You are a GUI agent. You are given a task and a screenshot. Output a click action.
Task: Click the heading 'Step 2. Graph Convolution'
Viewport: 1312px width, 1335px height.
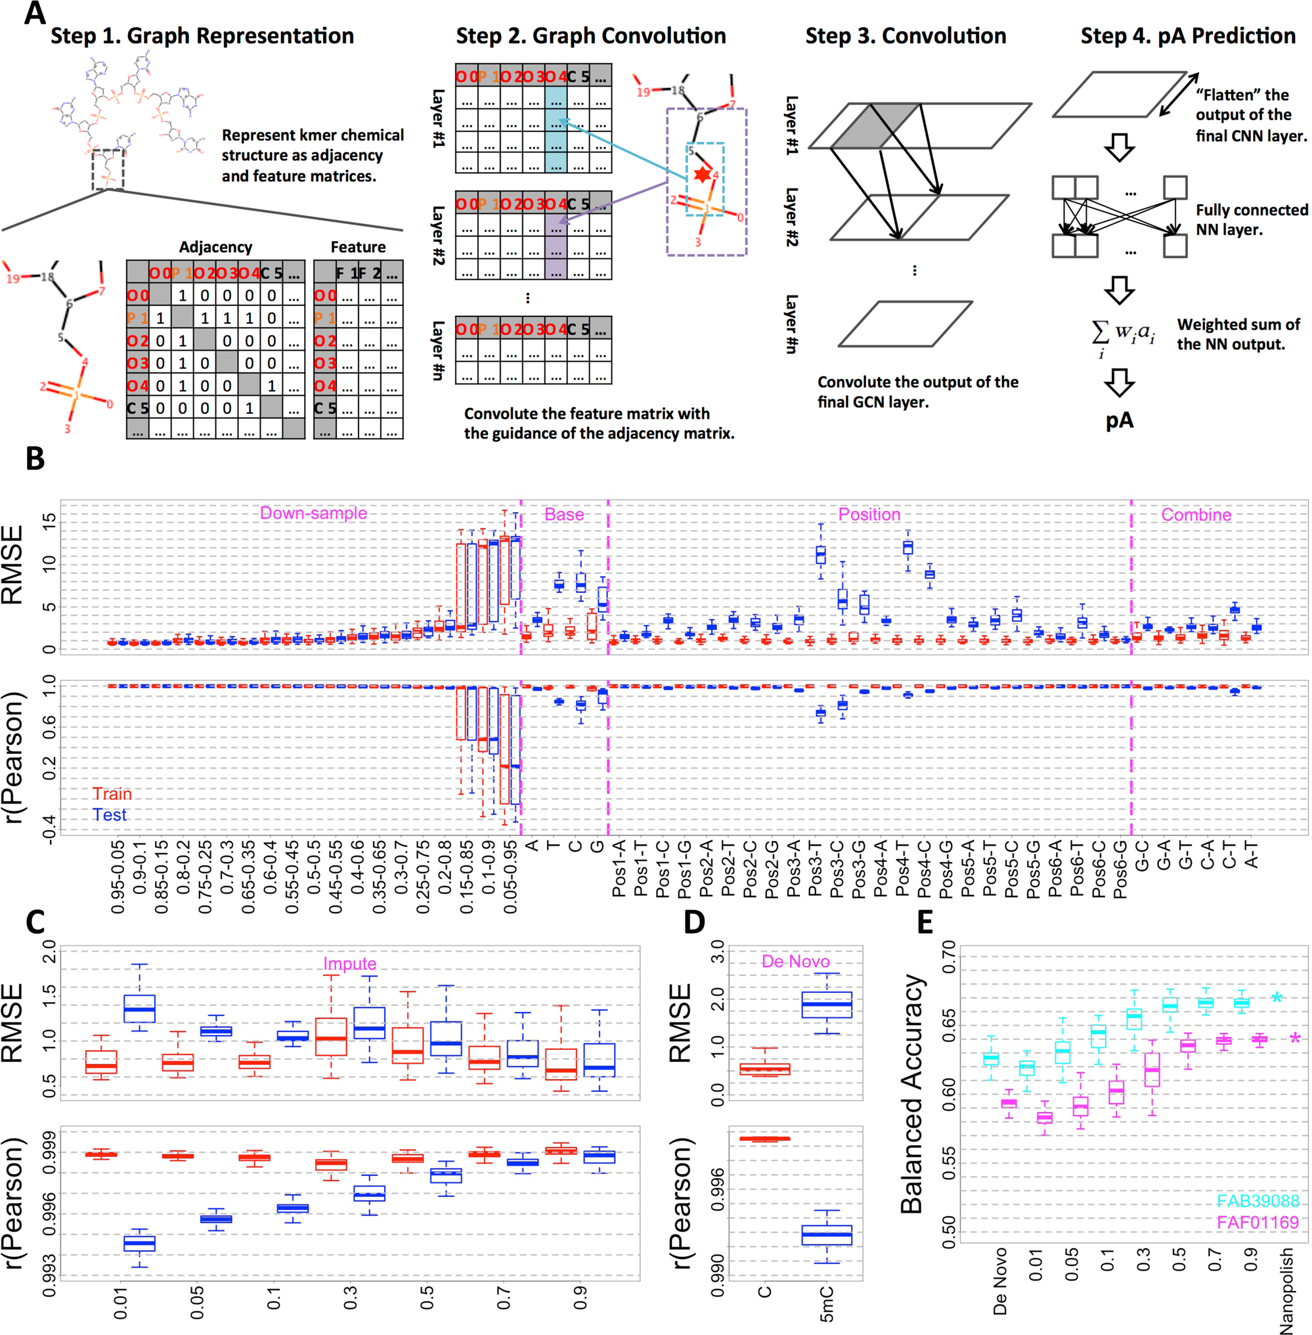pyautogui.click(x=590, y=36)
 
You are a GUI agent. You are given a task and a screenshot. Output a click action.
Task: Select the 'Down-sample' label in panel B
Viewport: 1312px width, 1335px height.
pyautogui.click(x=313, y=514)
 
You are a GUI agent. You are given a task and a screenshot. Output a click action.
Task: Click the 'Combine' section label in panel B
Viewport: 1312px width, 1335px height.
pyautogui.click(x=1196, y=515)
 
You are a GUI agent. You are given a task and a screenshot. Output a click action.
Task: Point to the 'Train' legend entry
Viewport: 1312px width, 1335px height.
pyautogui.click(x=112, y=794)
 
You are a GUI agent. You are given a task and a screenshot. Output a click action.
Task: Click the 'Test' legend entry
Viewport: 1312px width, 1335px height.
pyautogui.click(x=110, y=816)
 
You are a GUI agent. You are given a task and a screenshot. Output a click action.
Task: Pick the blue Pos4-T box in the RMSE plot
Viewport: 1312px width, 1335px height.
pyautogui.click(x=907, y=547)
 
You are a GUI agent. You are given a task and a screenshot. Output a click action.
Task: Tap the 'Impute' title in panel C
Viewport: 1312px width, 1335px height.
pyautogui.click(x=349, y=963)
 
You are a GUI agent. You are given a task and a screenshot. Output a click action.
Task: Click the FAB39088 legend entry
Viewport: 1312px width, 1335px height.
pyautogui.click(x=1257, y=1201)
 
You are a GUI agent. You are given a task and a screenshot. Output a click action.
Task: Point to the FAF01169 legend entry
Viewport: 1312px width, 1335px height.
pyautogui.click(x=1257, y=1223)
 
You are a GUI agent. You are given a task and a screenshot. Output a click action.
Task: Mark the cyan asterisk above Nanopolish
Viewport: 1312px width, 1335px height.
pyautogui.click(x=1277, y=998)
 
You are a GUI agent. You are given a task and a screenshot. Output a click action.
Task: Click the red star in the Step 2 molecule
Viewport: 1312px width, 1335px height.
pyautogui.click(x=702, y=175)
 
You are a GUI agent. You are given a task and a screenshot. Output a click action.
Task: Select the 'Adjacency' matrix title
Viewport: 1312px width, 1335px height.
pyautogui.click(x=215, y=247)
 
